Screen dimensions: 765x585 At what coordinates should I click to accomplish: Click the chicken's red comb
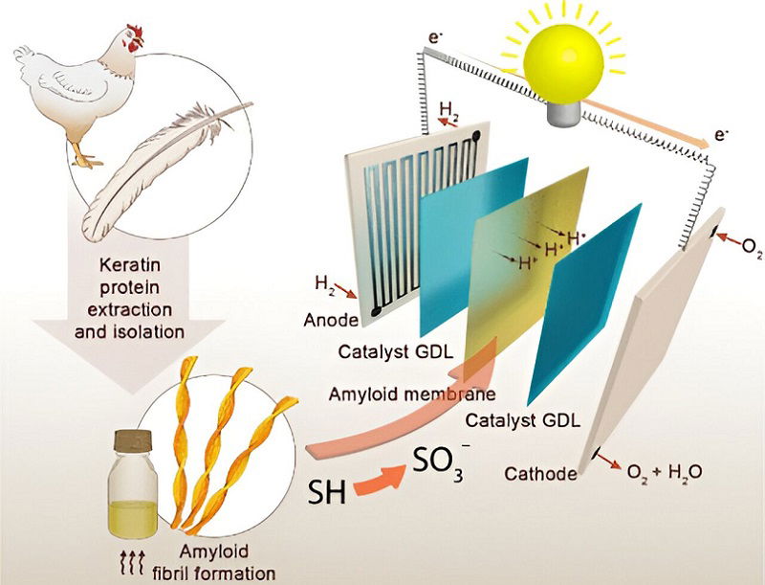(x=136, y=33)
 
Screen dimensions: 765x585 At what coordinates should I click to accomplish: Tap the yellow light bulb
(x=562, y=57)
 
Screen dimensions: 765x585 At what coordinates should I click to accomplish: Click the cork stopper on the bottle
(x=133, y=441)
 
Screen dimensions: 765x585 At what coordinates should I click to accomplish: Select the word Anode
(x=331, y=321)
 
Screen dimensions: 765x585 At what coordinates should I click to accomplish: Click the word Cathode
(x=540, y=474)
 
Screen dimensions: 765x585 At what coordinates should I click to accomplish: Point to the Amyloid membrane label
(x=412, y=394)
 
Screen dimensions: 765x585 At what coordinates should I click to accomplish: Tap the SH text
(x=327, y=492)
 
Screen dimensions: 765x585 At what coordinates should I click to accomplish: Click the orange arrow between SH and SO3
(x=379, y=482)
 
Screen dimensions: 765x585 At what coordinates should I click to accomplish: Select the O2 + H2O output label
(x=665, y=472)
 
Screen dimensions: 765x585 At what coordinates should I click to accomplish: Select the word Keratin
(x=130, y=265)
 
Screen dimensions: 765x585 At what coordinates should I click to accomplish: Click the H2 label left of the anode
(x=325, y=283)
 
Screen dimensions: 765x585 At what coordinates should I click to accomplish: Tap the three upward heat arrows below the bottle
(x=132, y=562)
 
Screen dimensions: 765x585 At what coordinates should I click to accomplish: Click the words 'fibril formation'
(x=213, y=573)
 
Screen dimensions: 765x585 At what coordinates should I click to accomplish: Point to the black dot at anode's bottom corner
(x=375, y=311)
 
